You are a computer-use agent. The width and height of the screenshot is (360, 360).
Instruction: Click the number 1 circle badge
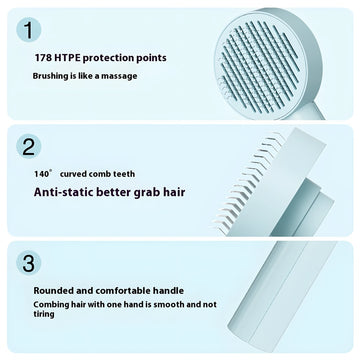pyautogui.click(x=28, y=30)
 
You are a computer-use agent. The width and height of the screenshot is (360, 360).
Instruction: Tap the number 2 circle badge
pyautogui.click(x=28, y=146)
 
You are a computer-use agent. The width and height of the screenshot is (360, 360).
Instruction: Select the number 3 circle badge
pyautogui.click(x=28, y=263)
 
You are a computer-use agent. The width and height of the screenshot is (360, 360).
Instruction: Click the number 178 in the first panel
pyautogui.click(x=42, y=58)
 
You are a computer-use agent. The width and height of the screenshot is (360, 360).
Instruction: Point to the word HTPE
pyautogui.click(x=66, y=58)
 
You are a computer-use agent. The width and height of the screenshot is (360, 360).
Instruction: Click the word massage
pyautogui.click(x=119, y=76)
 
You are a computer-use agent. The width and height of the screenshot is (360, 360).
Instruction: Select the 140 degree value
pyautogui.click(x=43, y=174)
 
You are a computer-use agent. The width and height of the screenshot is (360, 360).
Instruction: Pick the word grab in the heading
pyautogui.click(x=143, y=193)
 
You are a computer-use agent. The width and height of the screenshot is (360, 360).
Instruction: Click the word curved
pyautogui.click(x=74, y=174)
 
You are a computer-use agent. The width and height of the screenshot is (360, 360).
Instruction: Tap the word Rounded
pyautogui.click(x=54, y=291)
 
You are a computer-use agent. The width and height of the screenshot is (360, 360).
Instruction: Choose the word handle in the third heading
pyautogui.click(x=168, y=291)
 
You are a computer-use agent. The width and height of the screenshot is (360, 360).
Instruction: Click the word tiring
pyautogui.click(x=44, y=314)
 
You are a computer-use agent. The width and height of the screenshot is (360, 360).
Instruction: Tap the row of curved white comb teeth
pyautogui.click(x=249, y=183)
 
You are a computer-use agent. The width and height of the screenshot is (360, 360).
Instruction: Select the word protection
pyautogui.click(x=108, y=58)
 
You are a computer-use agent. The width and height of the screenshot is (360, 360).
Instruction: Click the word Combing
pyautogui.click(x=50, y=305)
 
